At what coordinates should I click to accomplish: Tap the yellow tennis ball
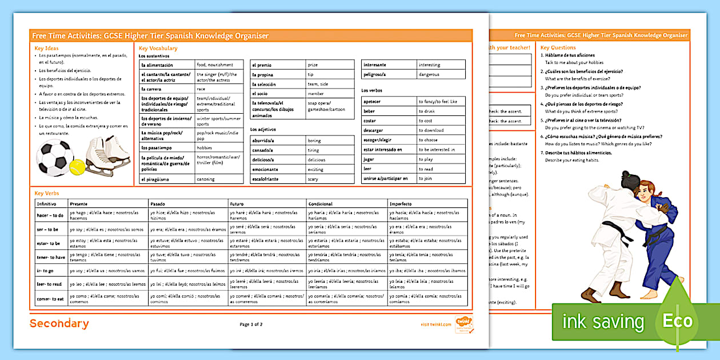[77, 166]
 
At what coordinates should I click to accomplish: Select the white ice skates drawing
[109, 156]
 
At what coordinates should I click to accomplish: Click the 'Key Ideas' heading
[46, 49]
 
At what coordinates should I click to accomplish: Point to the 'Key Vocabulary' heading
[158, 49]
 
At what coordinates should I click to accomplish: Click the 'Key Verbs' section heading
[47, 194]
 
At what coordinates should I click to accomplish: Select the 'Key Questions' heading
[558, 47]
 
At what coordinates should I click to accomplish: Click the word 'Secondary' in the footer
[59, 324]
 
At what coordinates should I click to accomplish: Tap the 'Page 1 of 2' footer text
[251, 325]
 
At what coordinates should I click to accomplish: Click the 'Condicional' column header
[321, 204]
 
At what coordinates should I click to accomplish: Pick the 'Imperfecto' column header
[401, 204]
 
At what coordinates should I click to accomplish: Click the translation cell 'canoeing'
[206, 179]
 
